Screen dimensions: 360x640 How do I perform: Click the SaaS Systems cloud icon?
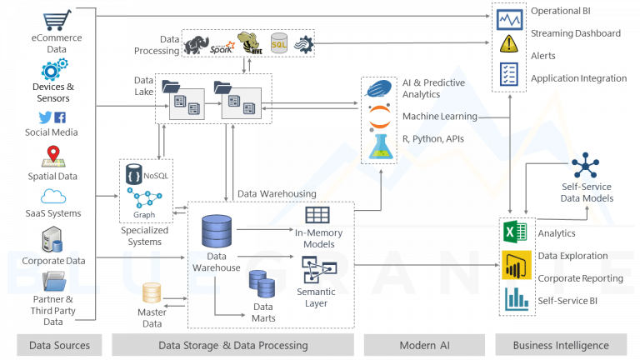click(53, 197)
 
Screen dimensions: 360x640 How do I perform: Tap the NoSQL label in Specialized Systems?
click(155, 176)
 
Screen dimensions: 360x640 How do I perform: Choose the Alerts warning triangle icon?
click(508, 47)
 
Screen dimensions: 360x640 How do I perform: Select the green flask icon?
click(379, 146)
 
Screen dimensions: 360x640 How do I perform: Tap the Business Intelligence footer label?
click(560, 345)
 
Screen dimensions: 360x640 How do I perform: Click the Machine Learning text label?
click(440, 116)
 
